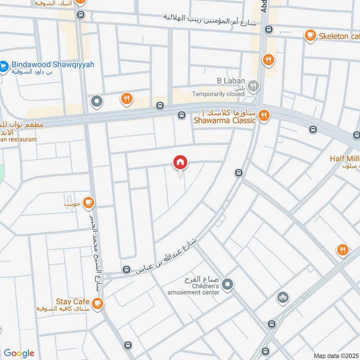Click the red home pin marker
point(180,162)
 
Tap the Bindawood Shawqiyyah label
point(53,65)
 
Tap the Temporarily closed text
point(218,94)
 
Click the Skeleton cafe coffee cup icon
point(310,36)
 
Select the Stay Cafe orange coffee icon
point(97,304)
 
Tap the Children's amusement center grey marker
point(228,283)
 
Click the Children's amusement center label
point(206,289)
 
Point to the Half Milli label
point(344,158)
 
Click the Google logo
point(18,353)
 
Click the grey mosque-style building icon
point(283,297)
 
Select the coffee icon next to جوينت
point(88,202)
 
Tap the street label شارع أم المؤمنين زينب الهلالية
point(210,19)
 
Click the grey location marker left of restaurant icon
point(97,102)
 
